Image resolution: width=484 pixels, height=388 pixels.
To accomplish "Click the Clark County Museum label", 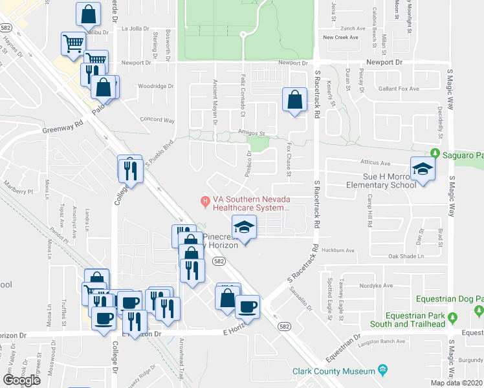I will coord(334,371).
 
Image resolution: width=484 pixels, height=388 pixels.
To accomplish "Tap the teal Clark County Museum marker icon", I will coord(383,371).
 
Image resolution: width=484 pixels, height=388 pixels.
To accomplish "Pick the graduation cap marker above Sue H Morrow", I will coord(423,169).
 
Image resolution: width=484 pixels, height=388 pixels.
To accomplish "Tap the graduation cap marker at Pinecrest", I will coord(244,227).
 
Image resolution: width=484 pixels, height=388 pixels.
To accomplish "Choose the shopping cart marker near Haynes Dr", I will coord(73,43).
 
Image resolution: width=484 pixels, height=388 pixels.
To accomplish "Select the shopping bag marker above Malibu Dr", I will coord(87,14).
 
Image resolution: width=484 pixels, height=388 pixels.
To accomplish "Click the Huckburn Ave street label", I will coord(342,250).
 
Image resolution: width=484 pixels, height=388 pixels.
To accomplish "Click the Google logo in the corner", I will coord(21,380).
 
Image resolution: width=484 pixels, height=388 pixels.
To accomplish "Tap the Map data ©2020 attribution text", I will coord(456,383).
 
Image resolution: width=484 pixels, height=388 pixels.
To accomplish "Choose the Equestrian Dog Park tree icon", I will coord(453,318).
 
